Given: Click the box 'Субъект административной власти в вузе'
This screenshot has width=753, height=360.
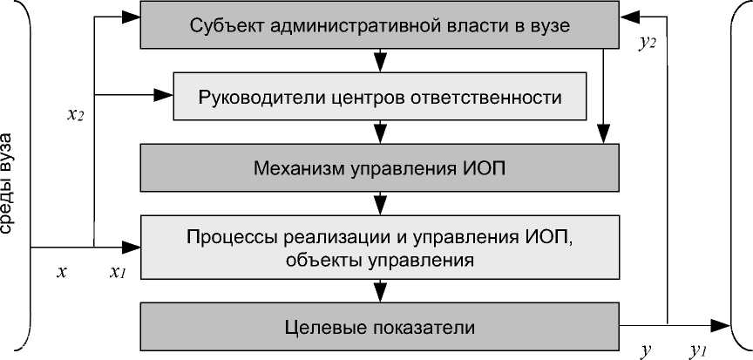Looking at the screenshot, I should [x=379, y=25].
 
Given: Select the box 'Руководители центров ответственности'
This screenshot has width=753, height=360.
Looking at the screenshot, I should [x=379, y=95].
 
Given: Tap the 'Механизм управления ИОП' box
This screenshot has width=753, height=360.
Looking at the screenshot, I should [x=379, y=166].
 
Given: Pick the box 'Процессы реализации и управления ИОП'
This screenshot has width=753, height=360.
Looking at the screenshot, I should [x=379, y=248].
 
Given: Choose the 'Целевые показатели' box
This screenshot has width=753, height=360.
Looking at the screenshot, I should [x=379, y=328].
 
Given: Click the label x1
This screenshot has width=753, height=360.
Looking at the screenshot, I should [x=117, y=273].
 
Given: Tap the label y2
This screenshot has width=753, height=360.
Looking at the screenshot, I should [x=647, y=43].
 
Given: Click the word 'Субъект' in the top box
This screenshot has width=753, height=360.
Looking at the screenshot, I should [x=221, y=25].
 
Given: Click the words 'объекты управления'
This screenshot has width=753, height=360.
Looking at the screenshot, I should [x=379, y=259].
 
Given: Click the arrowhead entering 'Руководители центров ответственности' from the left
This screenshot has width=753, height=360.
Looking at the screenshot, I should [x=166, y=94].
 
